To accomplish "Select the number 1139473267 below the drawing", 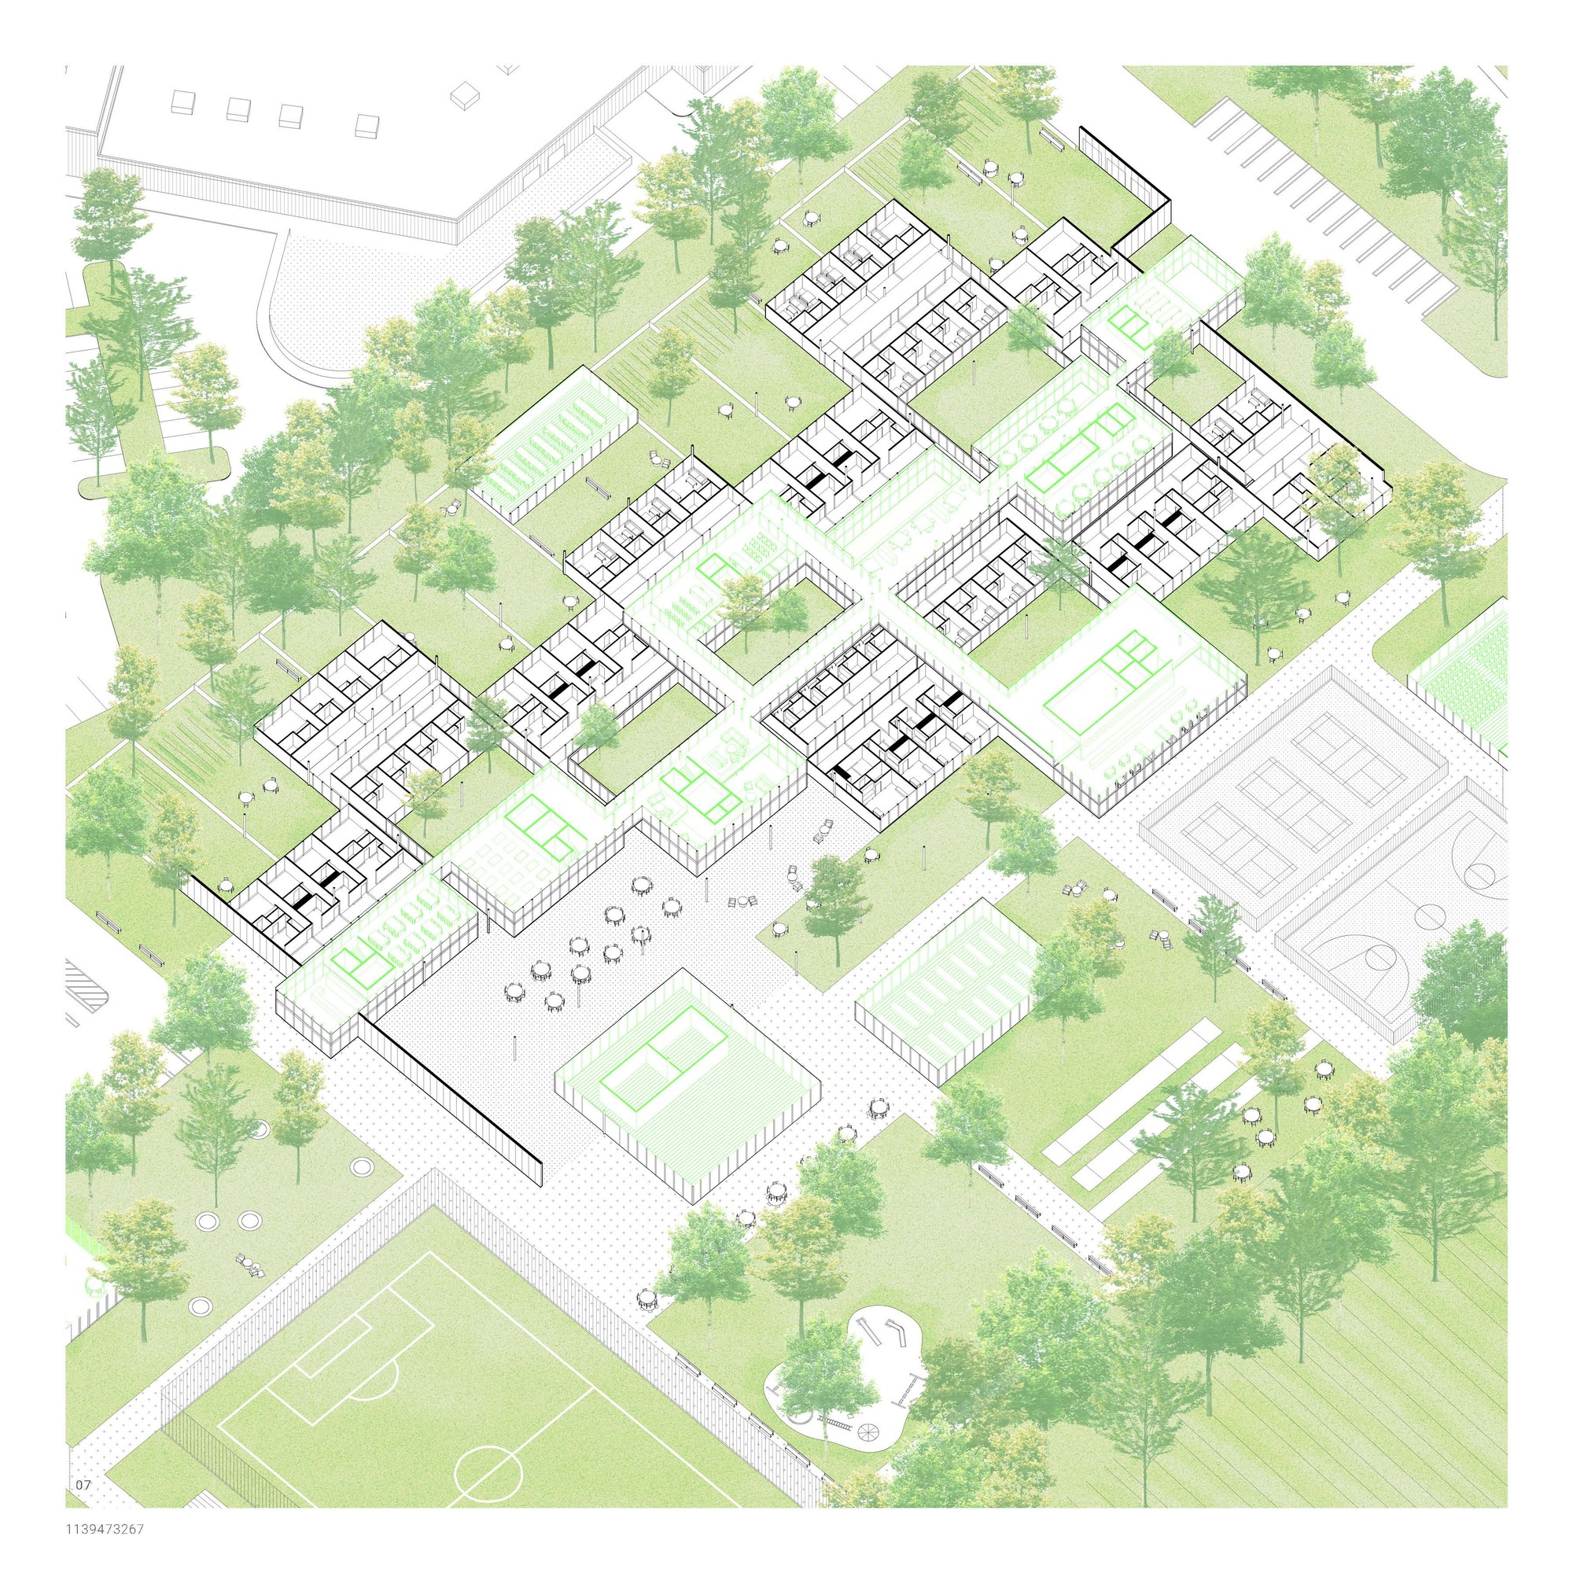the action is [105, 1529].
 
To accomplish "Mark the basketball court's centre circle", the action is [1429, 915].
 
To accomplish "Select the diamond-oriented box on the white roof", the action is [465, 94].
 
